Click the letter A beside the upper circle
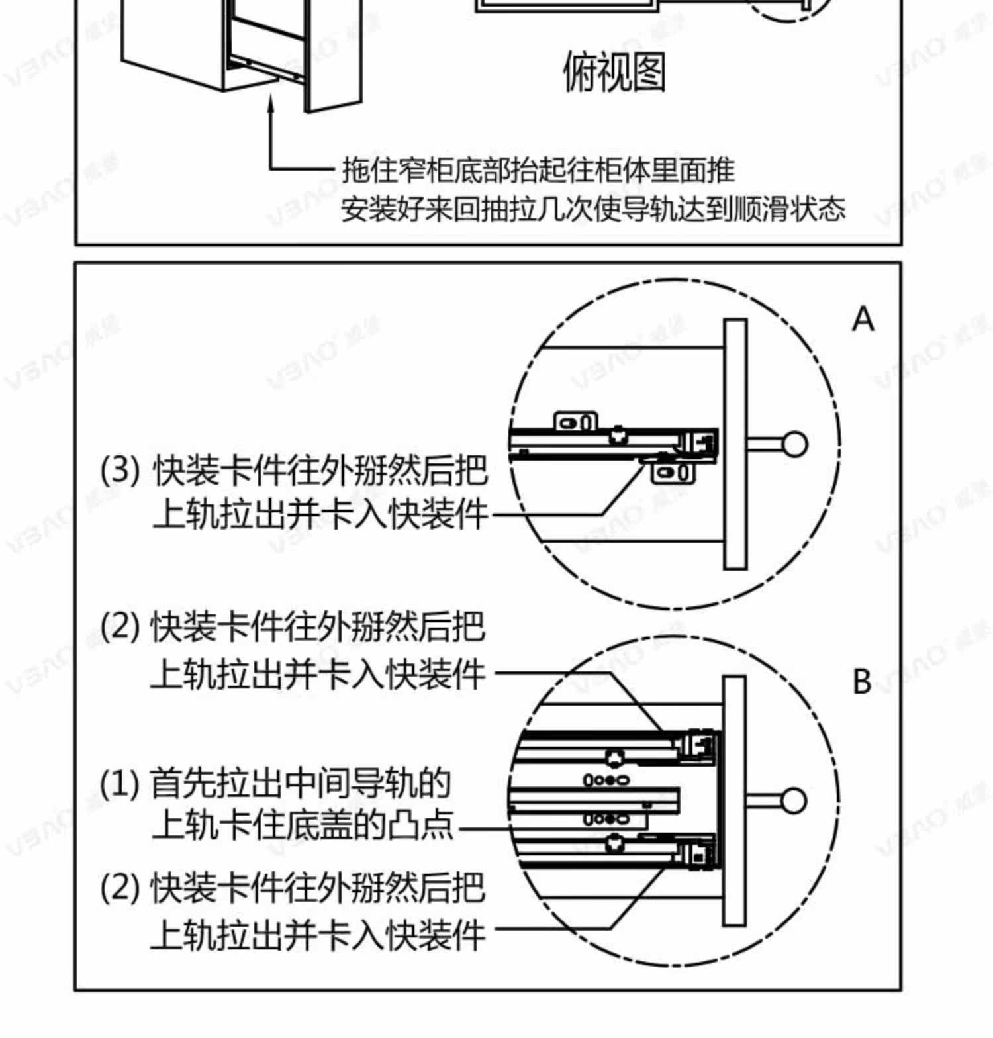[863, 319]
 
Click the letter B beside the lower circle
[862, 681]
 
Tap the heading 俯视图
[614, 71]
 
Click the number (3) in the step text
[120, 470]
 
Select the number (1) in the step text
[120, 784]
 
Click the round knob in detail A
[794, 444]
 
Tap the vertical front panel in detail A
[735, 444]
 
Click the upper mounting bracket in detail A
[575, 421]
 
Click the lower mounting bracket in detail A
[673, 473]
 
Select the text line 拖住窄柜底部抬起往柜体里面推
[538, 170]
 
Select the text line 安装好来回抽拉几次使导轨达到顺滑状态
[592, 210]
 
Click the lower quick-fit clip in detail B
[699, 855]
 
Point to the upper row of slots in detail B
[606, 780]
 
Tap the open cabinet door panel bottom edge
[335, 106]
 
